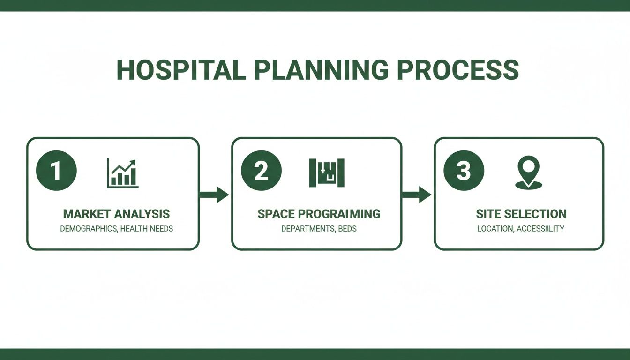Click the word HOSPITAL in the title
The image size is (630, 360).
(x=181, y=70)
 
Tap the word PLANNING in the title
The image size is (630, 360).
(x=321, y=70)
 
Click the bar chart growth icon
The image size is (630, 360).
(x=122, y=173)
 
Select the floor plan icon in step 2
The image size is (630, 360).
(x=327, y=172)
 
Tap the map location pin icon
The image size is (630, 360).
(x=528, y=172)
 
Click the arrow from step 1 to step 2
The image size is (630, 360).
(x=214, y=194)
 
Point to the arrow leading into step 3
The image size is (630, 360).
(x=417, y=194)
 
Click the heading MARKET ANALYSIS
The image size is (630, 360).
(x=116, y=214)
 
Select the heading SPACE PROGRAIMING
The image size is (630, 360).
(x=319, y=214)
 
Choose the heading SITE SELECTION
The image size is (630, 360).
(x=521, y=214)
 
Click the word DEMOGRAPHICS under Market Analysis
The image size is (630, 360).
(x=89, y=229)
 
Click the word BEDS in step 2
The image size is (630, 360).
(x=347, y=229)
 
